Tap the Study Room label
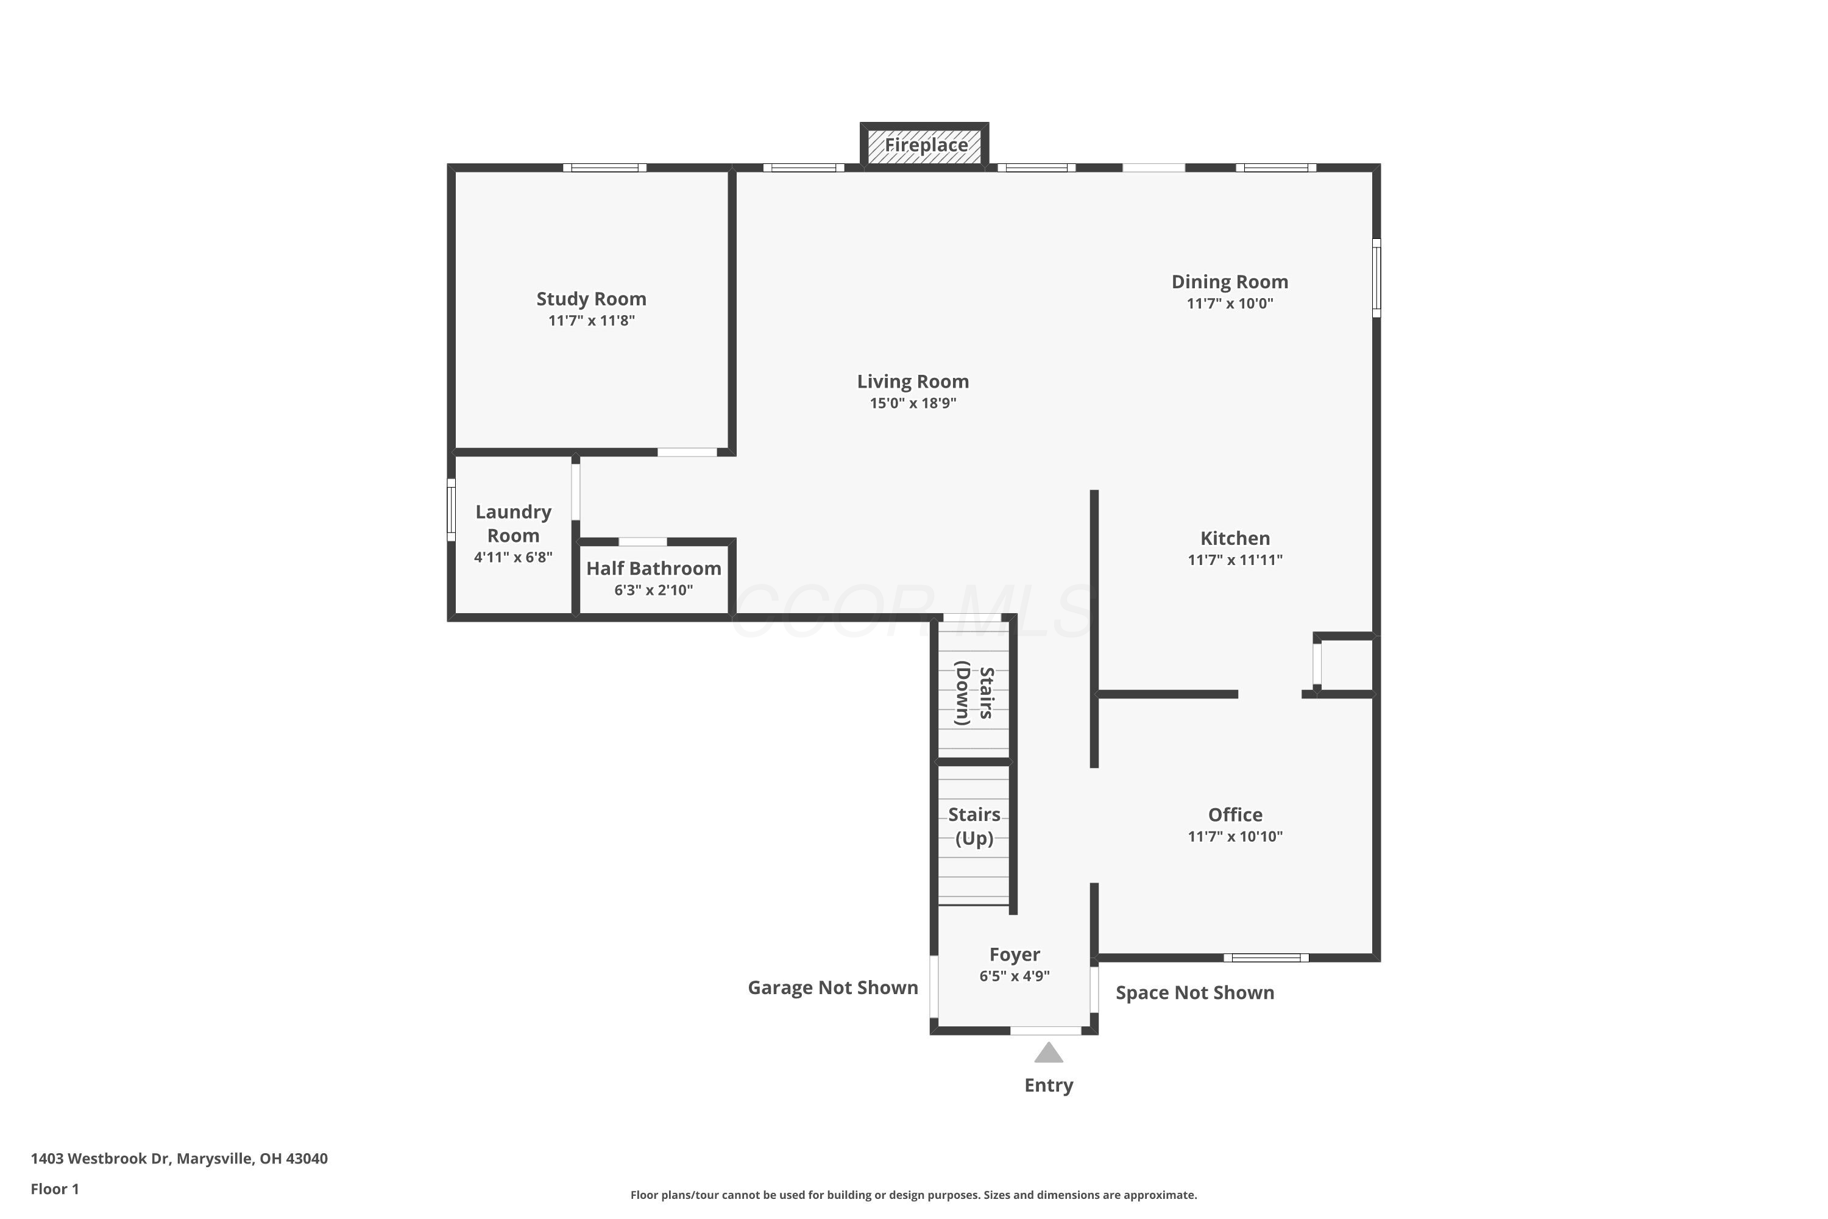[x=592, y=299]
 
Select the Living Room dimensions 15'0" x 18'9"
[x=913, y=403]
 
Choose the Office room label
[x=1235, y=815]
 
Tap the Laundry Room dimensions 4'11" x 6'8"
[x=513, y=558]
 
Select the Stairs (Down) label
[x=974, y=694]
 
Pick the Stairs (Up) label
[x=974, y=826]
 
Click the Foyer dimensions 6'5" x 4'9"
[x=1015, y=976]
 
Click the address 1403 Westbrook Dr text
[x=101, y=1159]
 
